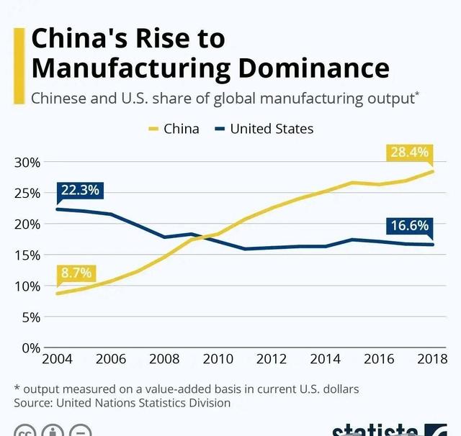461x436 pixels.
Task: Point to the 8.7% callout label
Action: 76,273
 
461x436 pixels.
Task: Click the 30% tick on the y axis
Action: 27,162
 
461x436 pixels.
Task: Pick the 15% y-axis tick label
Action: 27,255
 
